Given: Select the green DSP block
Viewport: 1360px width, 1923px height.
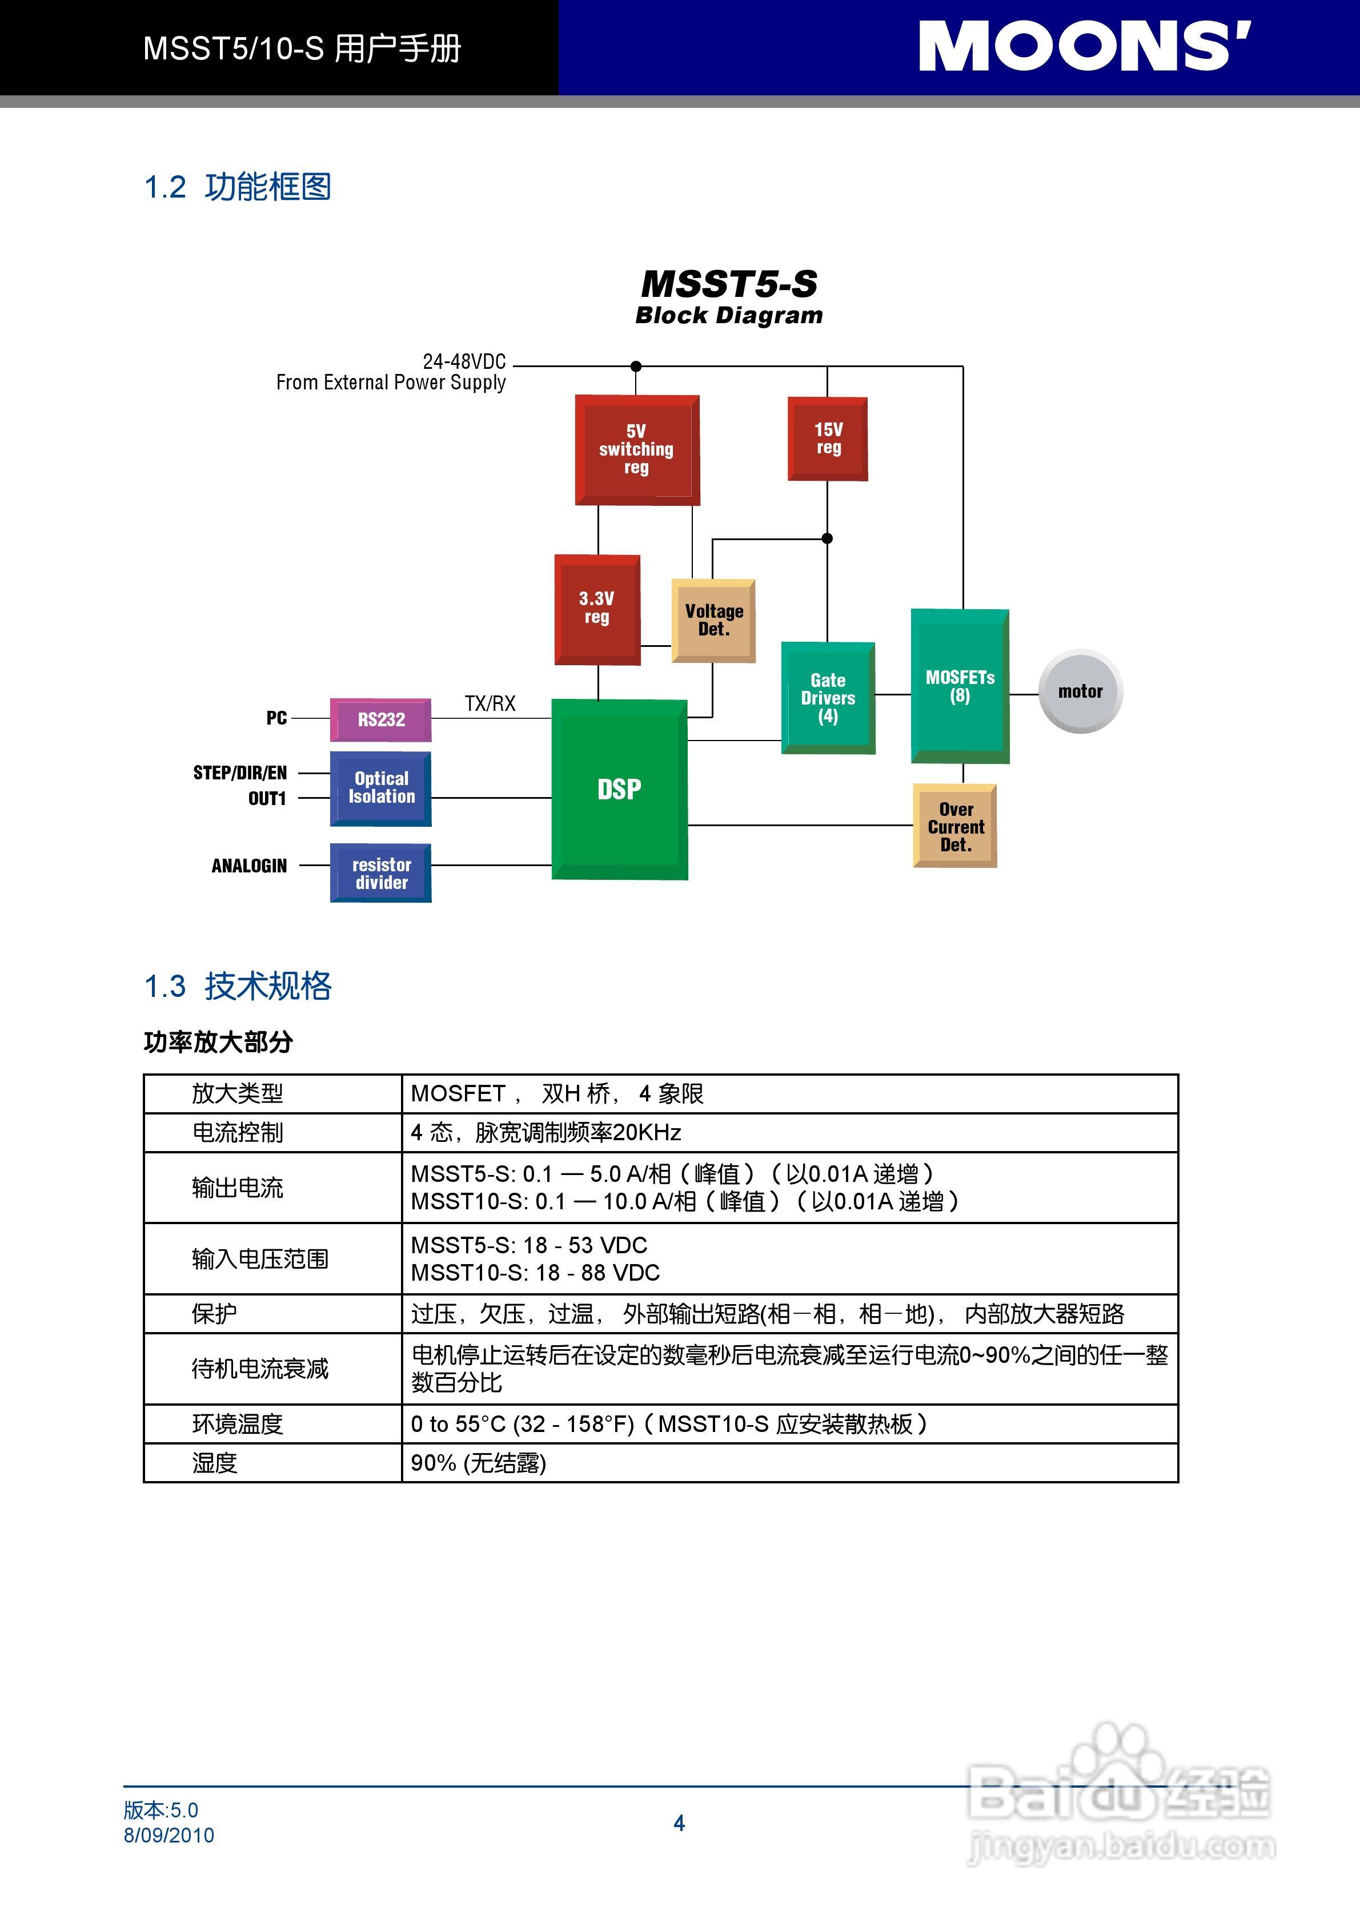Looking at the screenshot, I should click(619, 789).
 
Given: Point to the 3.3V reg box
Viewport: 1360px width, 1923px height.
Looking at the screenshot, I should click(597, 609).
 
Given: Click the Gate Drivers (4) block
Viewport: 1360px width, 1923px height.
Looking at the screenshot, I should click(828, 698).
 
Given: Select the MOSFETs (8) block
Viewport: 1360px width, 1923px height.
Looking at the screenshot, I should click(960, 686).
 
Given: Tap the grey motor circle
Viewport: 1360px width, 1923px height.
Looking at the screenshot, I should click(1080, 691).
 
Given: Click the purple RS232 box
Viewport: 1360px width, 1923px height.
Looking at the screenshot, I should click(382, 719).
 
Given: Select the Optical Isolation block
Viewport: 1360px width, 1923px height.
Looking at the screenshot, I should click(382, 788).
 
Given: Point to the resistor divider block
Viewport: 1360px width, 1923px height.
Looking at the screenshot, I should click(382, 874).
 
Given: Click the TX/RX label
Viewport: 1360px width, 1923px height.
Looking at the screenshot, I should click(490, 703).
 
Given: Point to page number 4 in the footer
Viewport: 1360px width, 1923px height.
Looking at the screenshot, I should click(679, 1823).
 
